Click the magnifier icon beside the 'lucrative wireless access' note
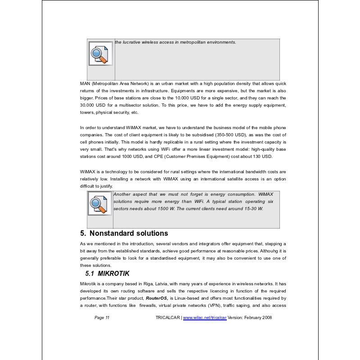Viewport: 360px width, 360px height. tap(100, 54)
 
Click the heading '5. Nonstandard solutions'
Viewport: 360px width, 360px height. tap(124, 233)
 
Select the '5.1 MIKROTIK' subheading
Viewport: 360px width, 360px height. tap(108, 273)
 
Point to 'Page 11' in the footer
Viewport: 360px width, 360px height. tap(102, 317)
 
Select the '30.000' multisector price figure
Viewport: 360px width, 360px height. tap(87, 105)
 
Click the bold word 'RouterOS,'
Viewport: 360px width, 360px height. tap(157, 298)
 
